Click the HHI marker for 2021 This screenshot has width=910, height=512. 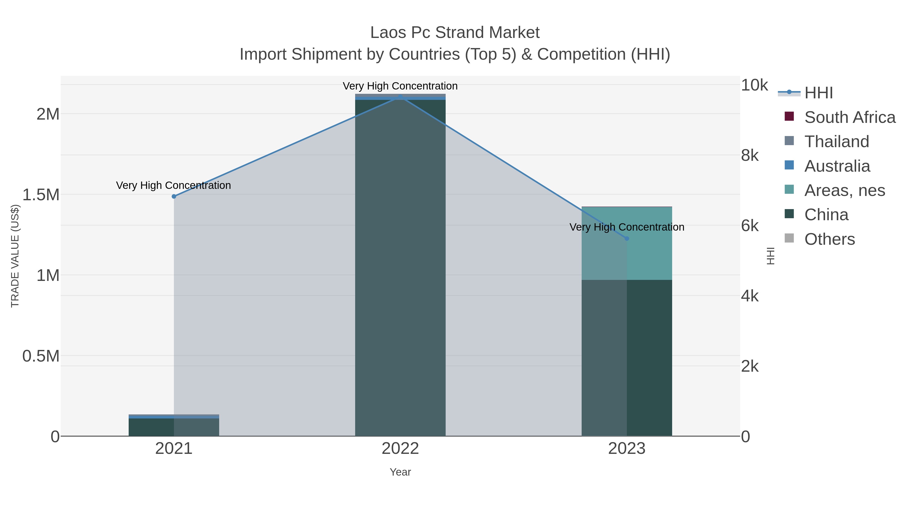pos(174,196)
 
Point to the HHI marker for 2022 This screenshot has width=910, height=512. pos(400,97)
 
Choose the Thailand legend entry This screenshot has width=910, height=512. pos(836,142)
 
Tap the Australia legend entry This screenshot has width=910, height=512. pos(837,166)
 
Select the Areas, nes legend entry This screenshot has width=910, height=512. pos(844,190)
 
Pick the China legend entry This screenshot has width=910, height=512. pos(826,215)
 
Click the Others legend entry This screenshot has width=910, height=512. pos(829,239)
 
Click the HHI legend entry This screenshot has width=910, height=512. pos(818,93)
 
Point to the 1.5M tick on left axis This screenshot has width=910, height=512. pos(41,195)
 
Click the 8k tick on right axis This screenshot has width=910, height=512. pos(750,155)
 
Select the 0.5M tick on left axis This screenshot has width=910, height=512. pos(41,356)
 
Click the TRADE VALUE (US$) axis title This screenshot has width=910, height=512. pos(15,256)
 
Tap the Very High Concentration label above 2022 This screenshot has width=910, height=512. pos(400,86)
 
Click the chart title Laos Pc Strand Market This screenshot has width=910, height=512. pos(455,33)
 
